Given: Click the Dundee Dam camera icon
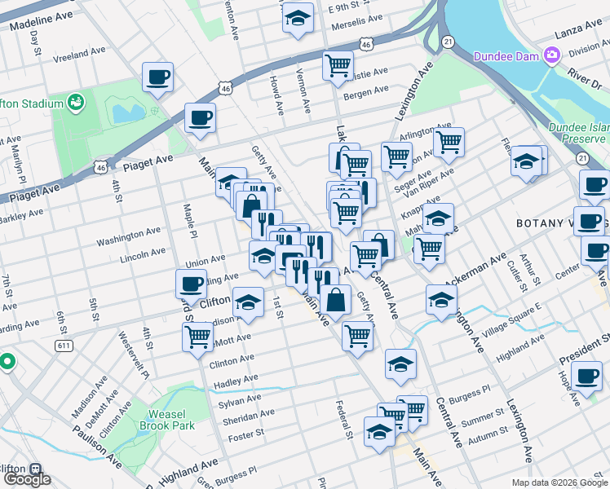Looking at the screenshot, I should point(552,55).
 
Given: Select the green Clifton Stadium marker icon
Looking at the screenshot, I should point(76,103).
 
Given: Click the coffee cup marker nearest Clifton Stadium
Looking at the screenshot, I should point(157,78).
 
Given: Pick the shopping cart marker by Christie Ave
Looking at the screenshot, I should point(337,65).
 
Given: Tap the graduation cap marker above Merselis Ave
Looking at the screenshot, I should point(298,17).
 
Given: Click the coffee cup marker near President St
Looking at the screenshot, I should point(586,377).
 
